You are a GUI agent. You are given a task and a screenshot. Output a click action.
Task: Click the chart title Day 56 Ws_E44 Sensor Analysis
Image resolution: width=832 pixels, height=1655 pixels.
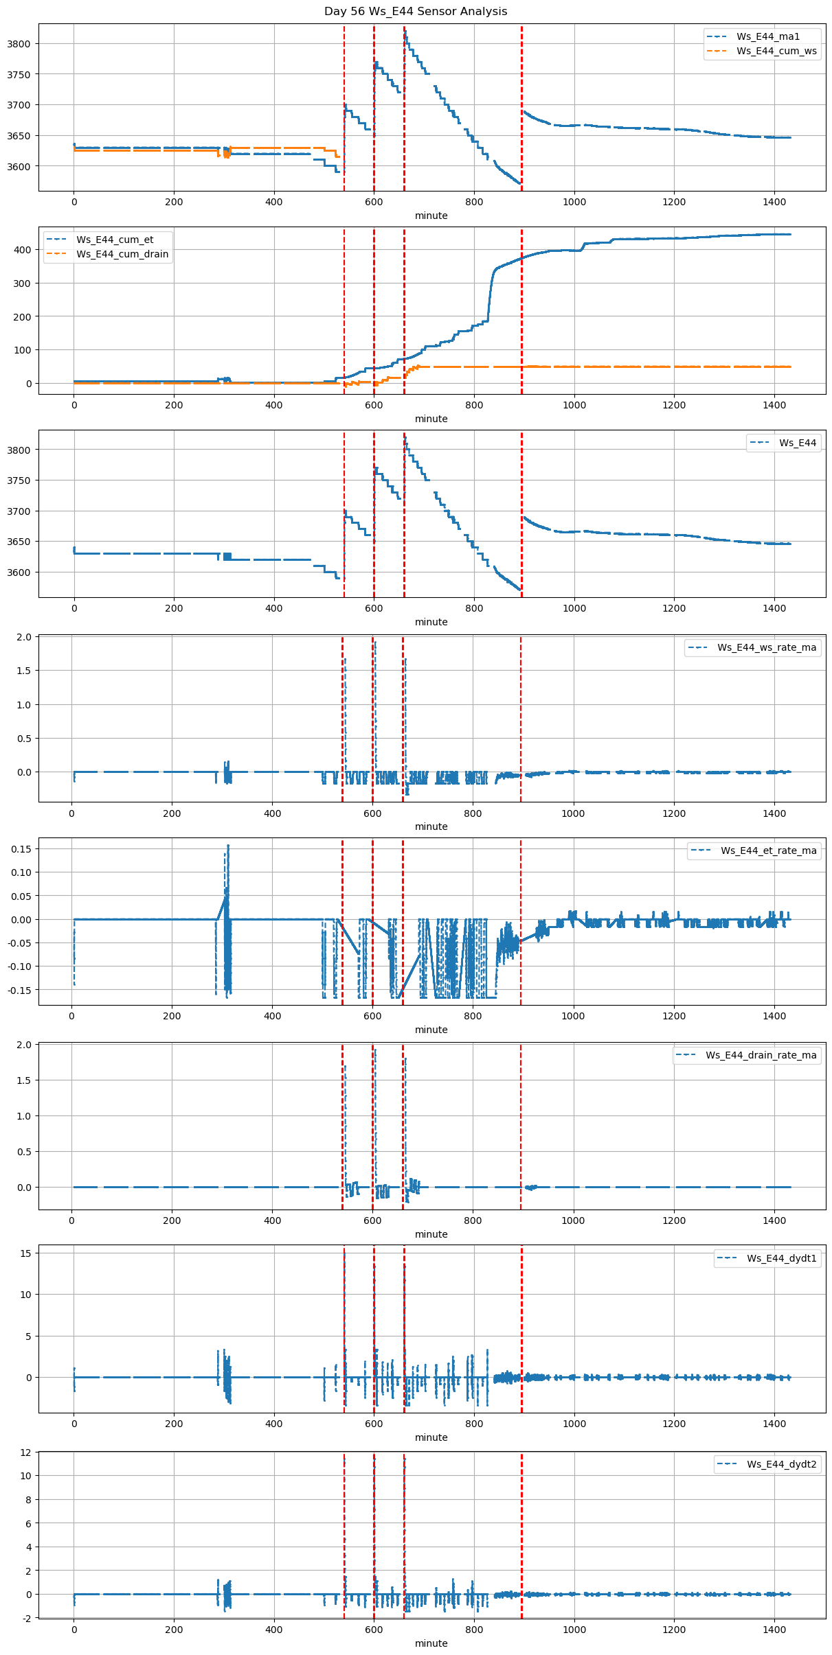(x=416, y=12)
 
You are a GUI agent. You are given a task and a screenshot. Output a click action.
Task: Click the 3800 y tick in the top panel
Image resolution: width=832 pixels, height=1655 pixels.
(x=19, y=44)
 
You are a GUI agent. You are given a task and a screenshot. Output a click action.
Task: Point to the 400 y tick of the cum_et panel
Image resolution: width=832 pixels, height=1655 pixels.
(x=23, y=250)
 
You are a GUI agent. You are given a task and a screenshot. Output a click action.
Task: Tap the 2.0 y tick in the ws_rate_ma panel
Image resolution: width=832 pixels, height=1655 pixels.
(x=24, y=637)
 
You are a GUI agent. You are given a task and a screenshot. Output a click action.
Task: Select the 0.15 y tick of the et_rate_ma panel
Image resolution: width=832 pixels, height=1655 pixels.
(x=21, y=849)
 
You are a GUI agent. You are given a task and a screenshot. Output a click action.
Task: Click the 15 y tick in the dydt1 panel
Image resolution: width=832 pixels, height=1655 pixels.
(x=26, y=1253)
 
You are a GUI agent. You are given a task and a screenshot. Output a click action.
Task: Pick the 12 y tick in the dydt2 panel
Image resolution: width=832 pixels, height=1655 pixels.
(x=26, y=1453)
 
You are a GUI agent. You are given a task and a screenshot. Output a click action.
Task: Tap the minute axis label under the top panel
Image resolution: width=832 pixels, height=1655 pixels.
(x=431, y=216)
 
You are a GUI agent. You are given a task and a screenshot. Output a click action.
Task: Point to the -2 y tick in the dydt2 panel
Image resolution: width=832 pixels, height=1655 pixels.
(x=26, y=1618)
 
